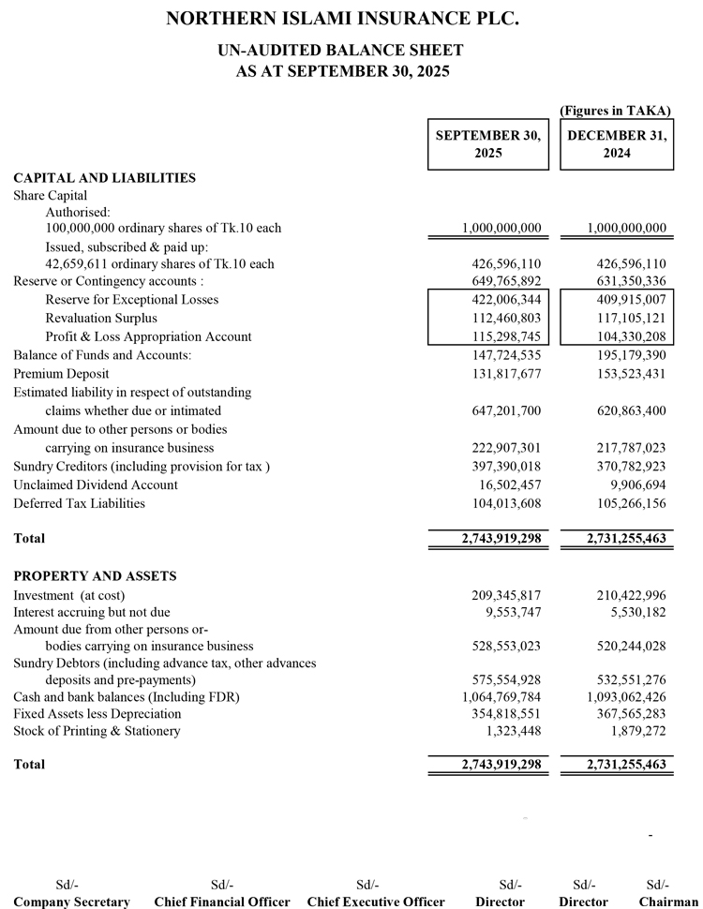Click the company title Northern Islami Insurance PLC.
342,19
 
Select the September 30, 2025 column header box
488,144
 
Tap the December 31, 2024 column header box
617,144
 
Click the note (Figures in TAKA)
615,111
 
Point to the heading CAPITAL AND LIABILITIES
104,177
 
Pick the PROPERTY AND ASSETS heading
95,575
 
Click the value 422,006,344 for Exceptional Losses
501,300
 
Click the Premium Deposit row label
61,374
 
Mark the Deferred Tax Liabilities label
79,503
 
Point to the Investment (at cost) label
69,595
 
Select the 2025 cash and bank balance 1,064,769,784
501,696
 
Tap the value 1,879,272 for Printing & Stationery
638,731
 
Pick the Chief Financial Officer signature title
222,902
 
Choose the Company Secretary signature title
71,902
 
